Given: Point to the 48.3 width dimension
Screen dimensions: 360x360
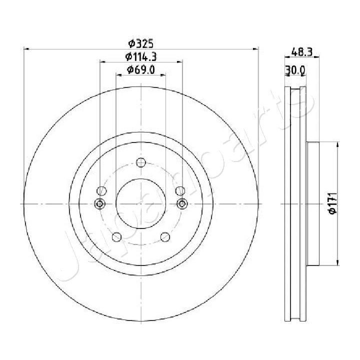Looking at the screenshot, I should (x=302, y=50).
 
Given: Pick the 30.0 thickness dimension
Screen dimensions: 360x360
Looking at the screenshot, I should (x=294, y=70).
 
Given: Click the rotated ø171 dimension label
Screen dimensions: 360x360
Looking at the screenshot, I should (x=330, y=204).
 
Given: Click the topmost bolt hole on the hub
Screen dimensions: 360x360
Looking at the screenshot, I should (x=140, y=162).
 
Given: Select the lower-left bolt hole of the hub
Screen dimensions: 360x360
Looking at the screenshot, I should (x=116, y=237).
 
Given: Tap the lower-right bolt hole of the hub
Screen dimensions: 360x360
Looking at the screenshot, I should (x=164, y=237).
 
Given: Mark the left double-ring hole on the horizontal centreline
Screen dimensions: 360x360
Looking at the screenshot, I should (x=100, y=203).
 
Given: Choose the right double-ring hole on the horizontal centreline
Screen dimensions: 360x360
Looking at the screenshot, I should (x=181, y=203).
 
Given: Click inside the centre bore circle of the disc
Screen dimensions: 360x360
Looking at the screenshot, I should (x=140, y=203).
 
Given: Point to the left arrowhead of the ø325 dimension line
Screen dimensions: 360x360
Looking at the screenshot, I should (x=27, y=49).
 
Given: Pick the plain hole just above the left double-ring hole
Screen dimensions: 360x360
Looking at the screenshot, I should (x=101, y=190).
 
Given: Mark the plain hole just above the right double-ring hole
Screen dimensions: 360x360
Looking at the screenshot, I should (x=180, y=190).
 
